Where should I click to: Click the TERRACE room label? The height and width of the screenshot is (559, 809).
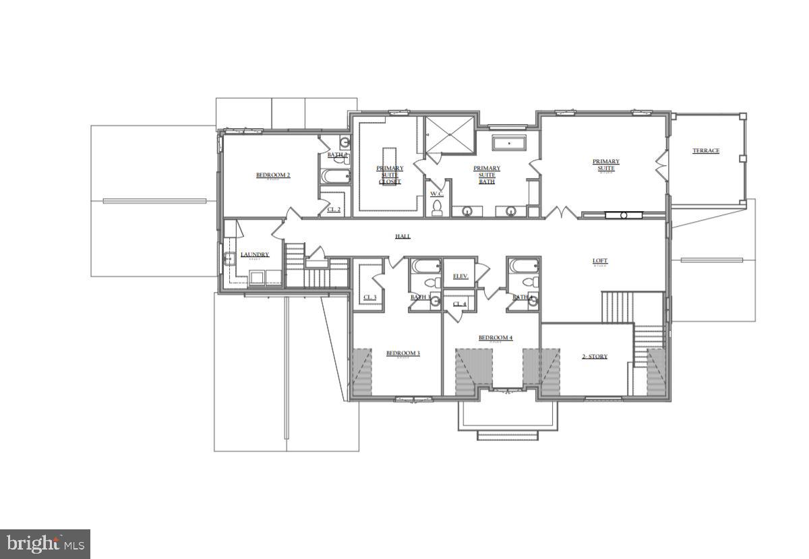[706, 151]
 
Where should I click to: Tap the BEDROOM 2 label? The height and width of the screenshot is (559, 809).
[273, 175]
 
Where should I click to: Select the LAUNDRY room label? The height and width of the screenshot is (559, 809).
[255, 255]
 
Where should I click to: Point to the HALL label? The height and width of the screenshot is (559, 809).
[403, 236]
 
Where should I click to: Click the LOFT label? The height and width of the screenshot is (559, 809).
[600, 261]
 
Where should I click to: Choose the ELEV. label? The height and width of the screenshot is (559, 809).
[460, 276]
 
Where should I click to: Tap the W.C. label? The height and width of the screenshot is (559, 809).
[437, 194]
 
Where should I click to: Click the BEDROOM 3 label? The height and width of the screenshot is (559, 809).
[403, 353]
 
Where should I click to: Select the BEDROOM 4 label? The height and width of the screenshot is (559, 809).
[496, 338]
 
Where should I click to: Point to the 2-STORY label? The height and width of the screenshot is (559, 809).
[595, 356]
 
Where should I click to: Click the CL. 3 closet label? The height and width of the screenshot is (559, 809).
[369, 297]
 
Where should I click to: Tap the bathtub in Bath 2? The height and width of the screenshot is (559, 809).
[335, 177]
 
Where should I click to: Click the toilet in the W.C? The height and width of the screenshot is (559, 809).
[437, 207]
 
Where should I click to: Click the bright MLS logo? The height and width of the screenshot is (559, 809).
[45, 543]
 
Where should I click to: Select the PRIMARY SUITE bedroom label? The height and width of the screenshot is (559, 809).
[605, 165]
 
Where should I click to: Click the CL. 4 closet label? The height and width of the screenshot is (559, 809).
[460, 304]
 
